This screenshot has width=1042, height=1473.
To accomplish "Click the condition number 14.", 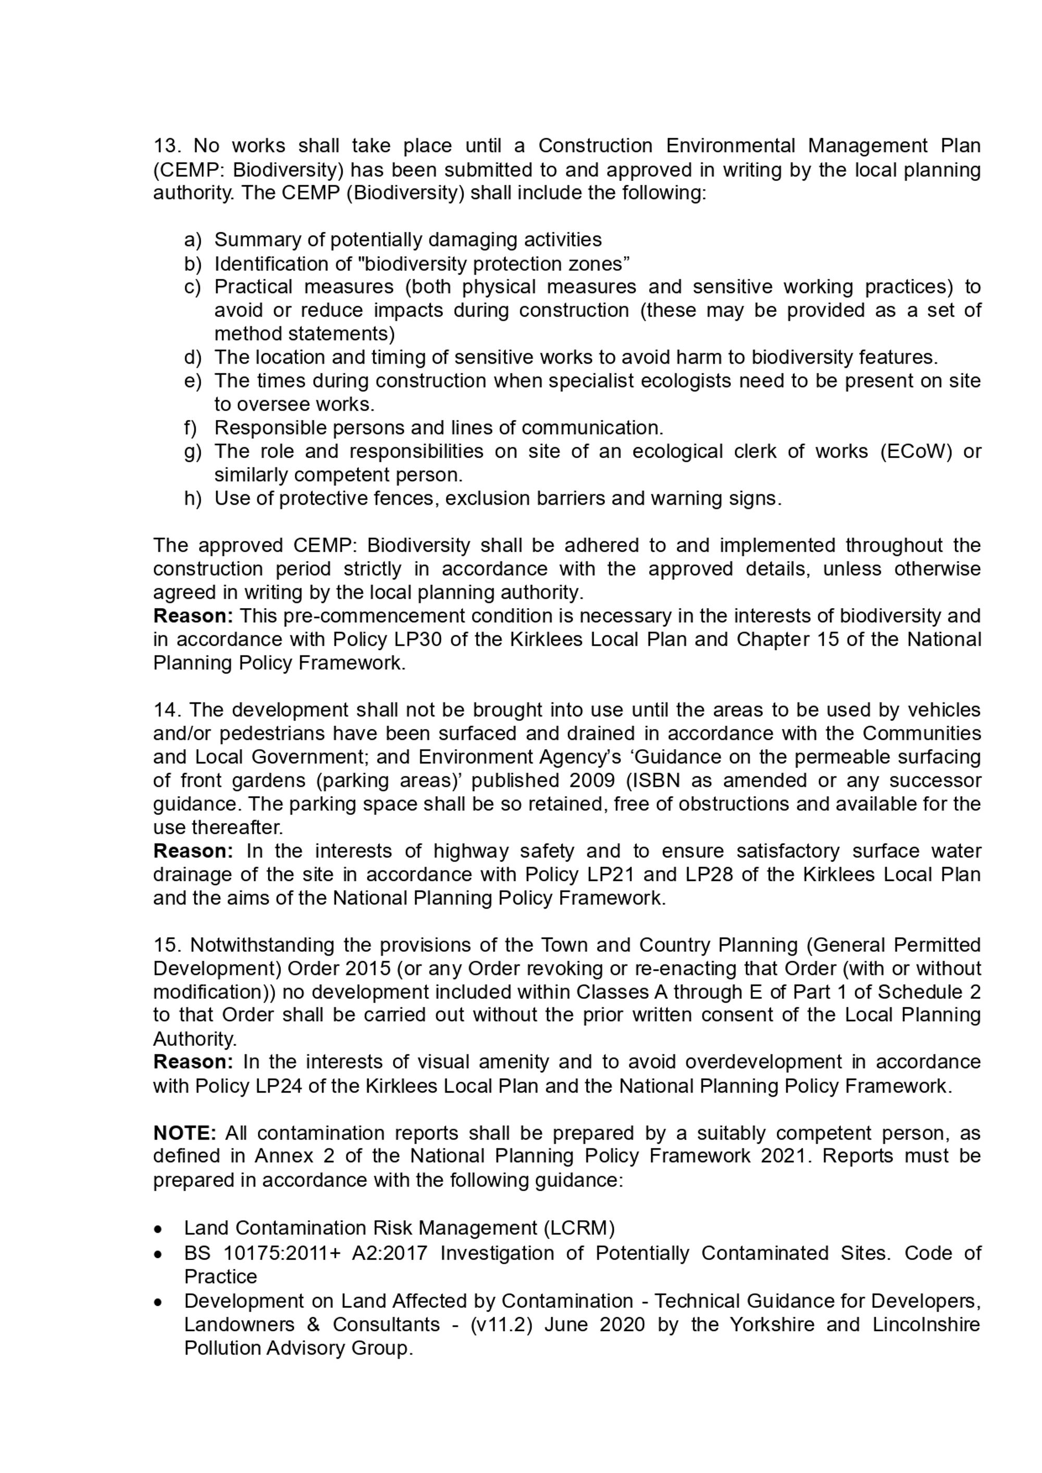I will coord(166,710).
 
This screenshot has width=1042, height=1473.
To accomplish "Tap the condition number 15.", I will coord(166,945).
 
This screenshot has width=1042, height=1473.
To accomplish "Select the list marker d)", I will coord(192,357).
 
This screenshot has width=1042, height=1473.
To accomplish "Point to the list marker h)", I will coord(192,499).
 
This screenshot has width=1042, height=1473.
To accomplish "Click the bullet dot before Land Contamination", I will coord(158,1229).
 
